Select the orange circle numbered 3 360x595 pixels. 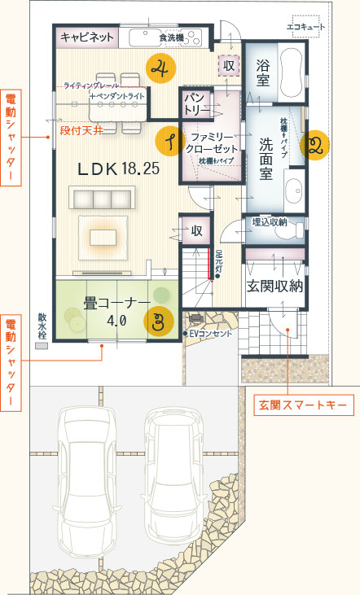coord(160,319)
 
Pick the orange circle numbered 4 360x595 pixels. coord(160,68)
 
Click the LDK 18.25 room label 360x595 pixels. coord(118,169)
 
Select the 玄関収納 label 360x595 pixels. coord(274,286)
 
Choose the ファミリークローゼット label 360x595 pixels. coord(211,142)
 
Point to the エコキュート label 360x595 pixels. coord(305,27)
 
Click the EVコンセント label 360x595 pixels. coord(210,334)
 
